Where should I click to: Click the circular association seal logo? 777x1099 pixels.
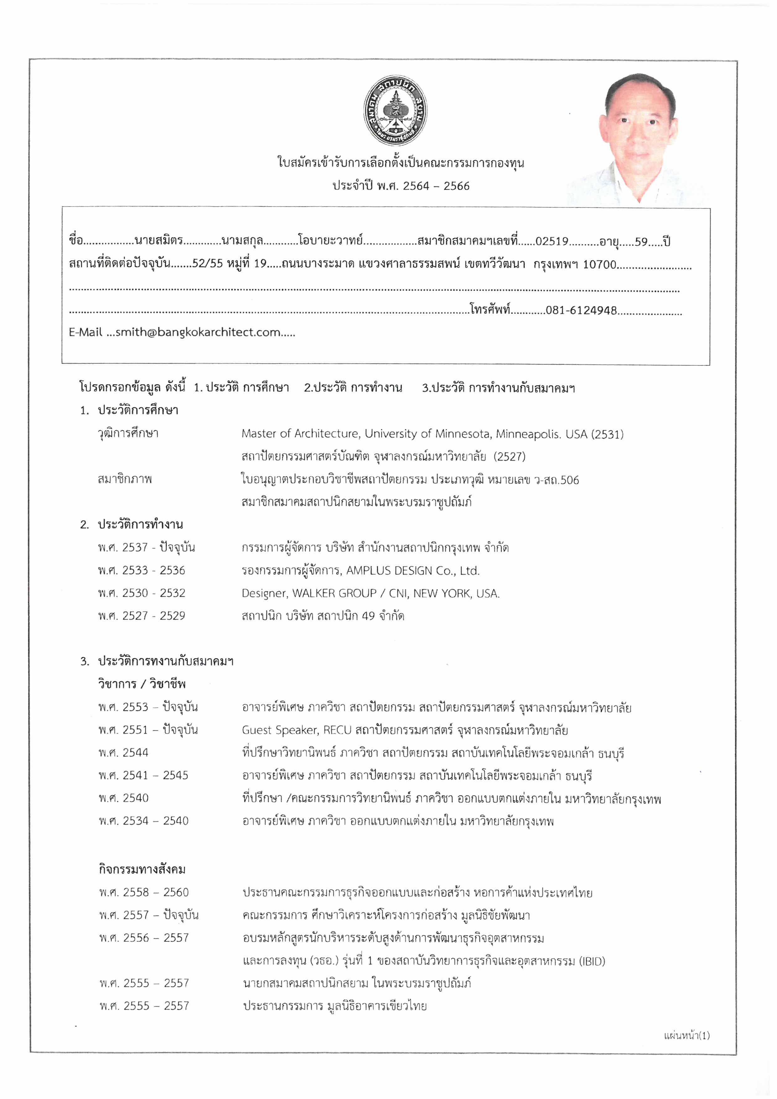[395, 111]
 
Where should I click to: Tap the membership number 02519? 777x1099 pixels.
[552, 241]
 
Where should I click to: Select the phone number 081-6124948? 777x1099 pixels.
[581, 311]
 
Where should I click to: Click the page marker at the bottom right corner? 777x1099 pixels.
[686, 1036]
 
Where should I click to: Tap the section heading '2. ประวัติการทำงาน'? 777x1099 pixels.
[132, 525]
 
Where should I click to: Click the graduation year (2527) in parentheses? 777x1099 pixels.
[510, 457]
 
